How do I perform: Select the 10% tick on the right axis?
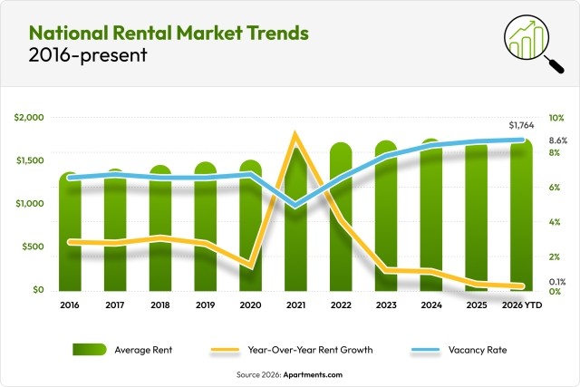coord(556,119)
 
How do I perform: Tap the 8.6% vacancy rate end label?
coord(558,140)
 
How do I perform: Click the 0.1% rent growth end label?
coord(558,281)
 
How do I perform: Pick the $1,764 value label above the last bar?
coord(522,125)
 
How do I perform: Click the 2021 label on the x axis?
coord(295,306)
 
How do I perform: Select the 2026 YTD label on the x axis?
coord(521,306)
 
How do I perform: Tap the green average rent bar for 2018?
coord(160,227)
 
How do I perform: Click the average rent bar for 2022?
coord(341,218)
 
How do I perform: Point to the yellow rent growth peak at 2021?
coord(295,137)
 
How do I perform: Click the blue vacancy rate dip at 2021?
coord(295,206)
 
